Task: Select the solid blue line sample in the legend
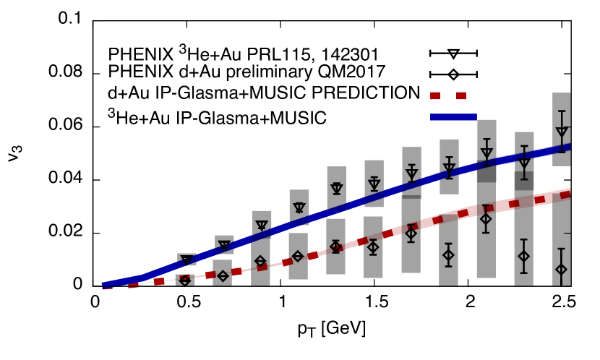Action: [453, 117]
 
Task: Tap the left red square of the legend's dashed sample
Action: [435, 95]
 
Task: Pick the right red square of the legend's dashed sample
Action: [461, 95]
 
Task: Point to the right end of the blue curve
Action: [569, 147]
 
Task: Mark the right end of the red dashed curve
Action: [569, 193]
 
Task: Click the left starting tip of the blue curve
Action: [104, 284]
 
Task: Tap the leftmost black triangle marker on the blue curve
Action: [187, 260]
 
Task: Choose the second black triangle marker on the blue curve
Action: [224, 247]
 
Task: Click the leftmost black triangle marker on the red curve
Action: [185, 277]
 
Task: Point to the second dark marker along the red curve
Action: [262, 267]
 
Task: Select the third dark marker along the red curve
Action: [337, 247]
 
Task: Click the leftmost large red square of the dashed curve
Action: [159, 281]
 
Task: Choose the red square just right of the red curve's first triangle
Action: [210, 275]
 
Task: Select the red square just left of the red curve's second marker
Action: [236, 272]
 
